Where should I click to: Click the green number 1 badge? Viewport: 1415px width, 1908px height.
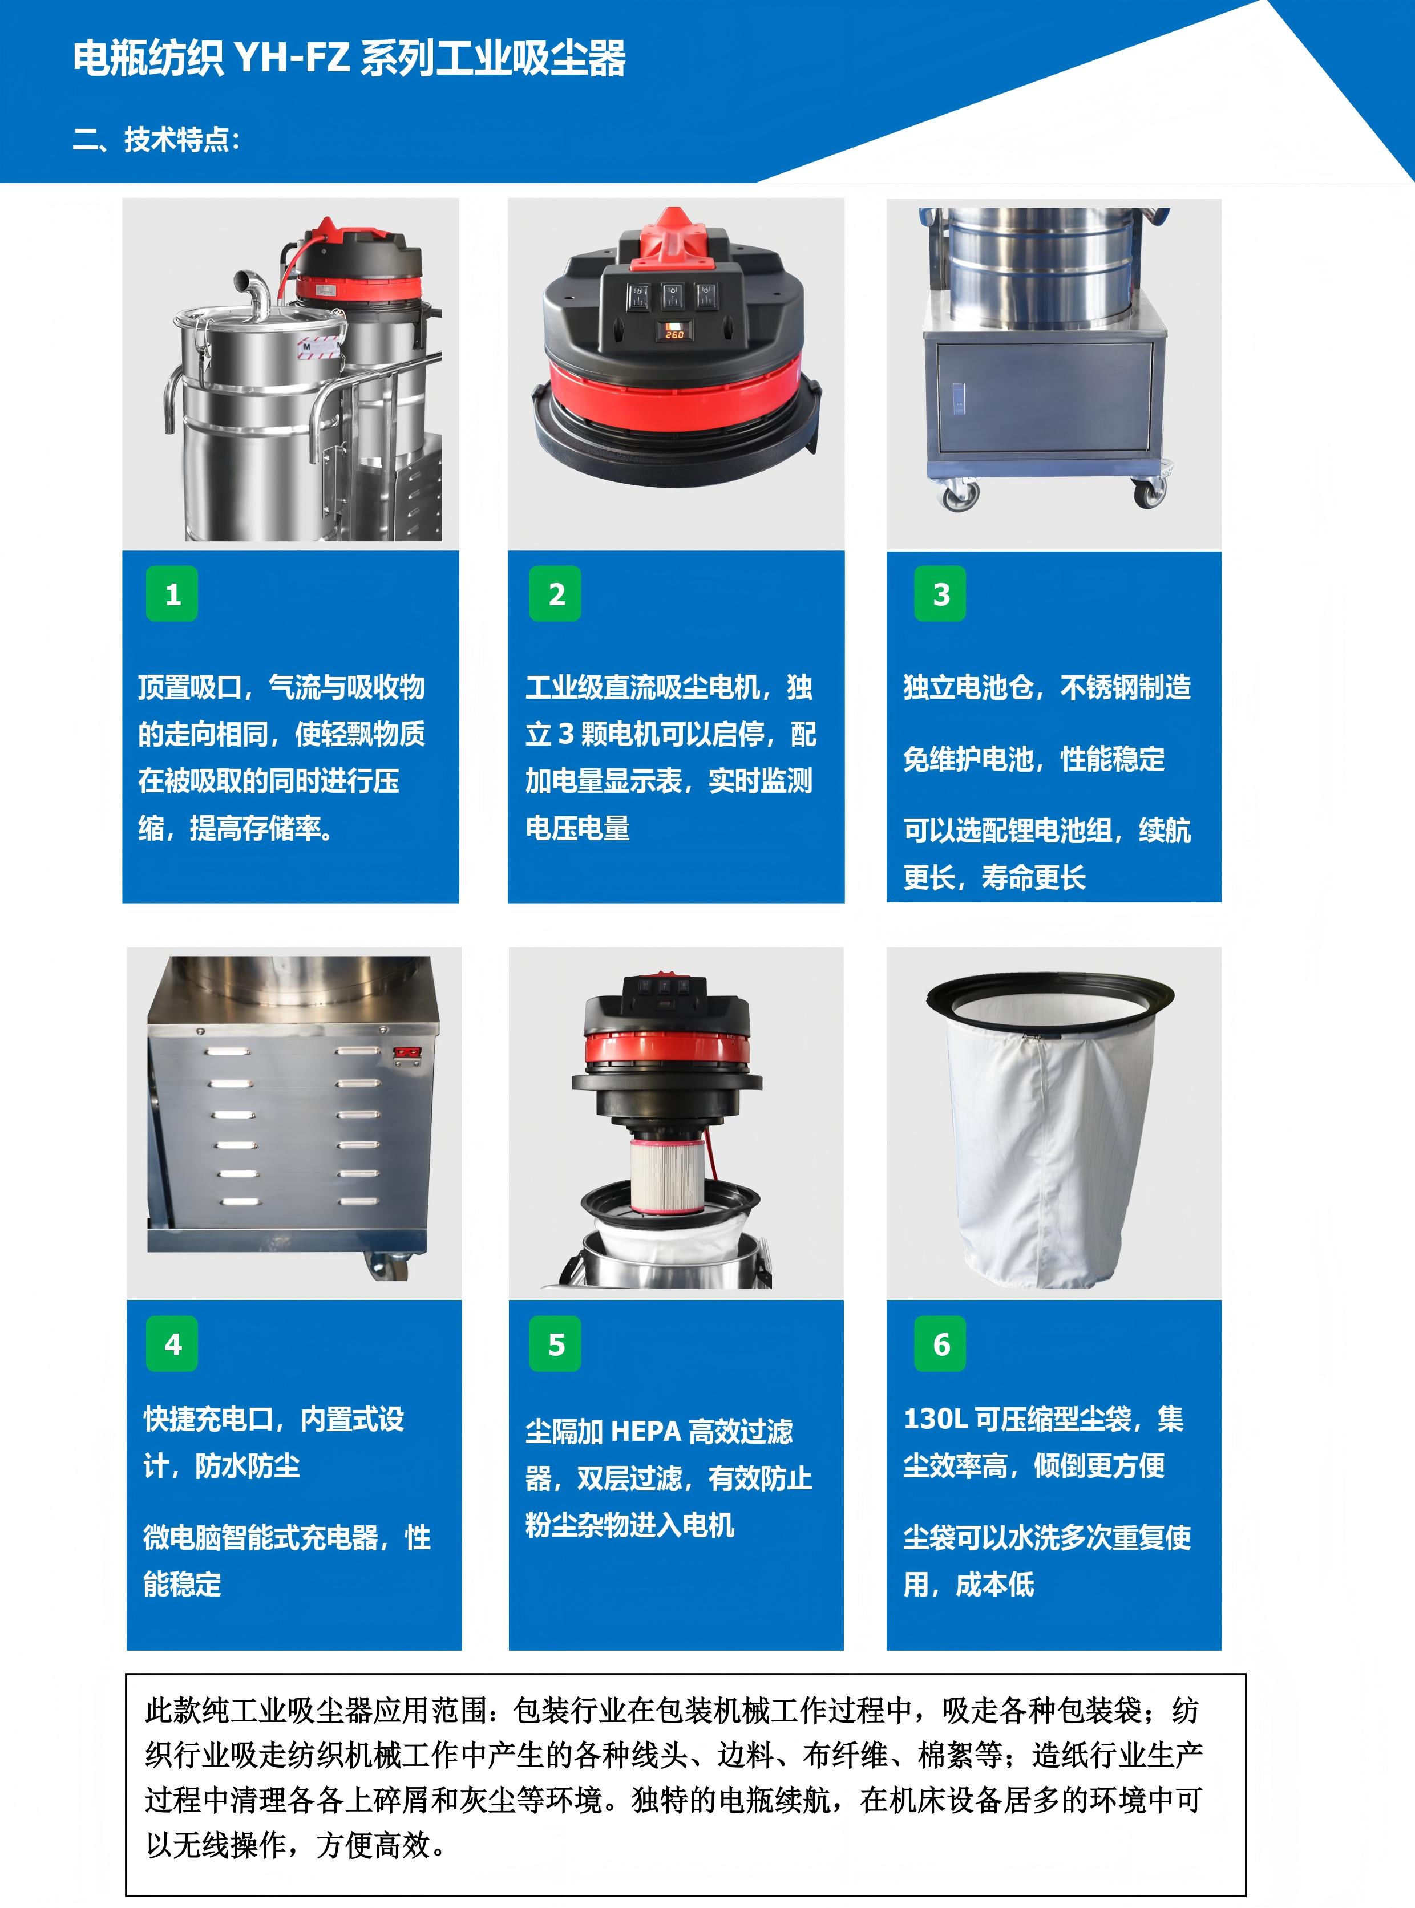point(172,593)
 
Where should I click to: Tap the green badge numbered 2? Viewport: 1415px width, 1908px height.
point(556,593)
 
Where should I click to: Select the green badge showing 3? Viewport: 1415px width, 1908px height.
point(940,593)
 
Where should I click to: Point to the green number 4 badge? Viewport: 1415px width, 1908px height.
point(172,1344)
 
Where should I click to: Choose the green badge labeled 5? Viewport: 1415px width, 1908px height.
point(556,1344)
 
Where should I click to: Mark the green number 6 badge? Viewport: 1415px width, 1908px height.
point(940,1344)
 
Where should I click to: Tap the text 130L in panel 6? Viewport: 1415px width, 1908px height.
point(935,1419)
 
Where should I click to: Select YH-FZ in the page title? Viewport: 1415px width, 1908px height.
point(291,59)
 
